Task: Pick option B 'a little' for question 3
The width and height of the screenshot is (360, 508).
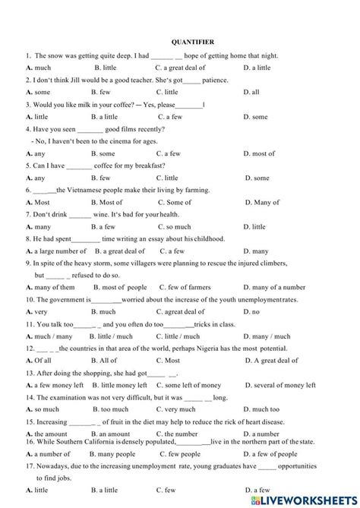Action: pyautogui.click(x=104, y=117)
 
